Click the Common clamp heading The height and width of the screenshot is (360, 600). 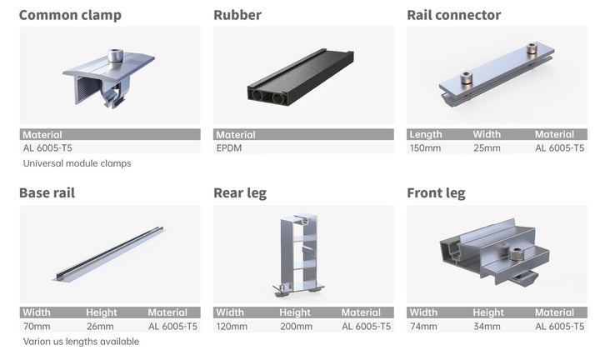click(x=70, y=15)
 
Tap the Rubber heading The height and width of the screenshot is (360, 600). click(x=237, y=15)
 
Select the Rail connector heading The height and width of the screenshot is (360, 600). click(x=454, y=15)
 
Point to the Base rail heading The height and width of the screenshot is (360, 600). click(x=47, y=193)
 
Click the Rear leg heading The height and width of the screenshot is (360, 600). click(x=240, y=193)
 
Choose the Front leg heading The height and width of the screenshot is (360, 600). click(x=436, y=193)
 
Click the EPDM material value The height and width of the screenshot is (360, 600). click(x=229, y=148)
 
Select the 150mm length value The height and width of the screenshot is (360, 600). click(x=425, y=148)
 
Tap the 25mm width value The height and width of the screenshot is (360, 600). click(x=487, y=148)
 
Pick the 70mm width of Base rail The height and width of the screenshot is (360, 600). click(x=37, y=327)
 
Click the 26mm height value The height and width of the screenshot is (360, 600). click(x=100, y=327)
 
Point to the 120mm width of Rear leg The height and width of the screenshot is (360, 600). click(x=232, y=327)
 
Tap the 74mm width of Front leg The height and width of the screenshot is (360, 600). click(x=423, y=327)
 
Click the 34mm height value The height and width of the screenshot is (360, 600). click(x=487, y=327)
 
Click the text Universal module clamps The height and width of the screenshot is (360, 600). click(x=77, y=163)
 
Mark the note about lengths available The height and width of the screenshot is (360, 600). click(x=81, y=342)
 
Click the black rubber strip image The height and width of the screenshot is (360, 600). click(x=301, y=80)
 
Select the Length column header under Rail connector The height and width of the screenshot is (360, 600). click(x=426, y=134)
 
